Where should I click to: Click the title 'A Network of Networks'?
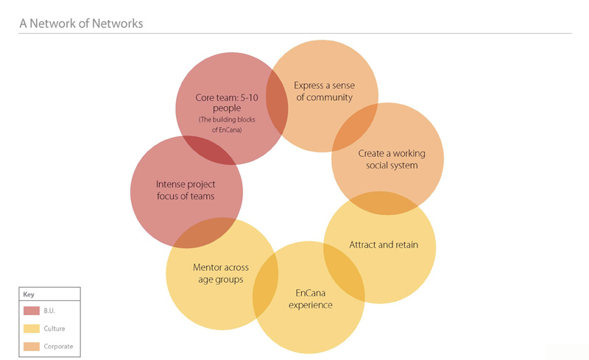coord(81,24)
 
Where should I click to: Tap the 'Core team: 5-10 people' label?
coord(227,102)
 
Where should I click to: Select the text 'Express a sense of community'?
coord(324,91)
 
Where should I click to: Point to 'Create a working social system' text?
coord(392,159)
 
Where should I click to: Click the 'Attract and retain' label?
coord(384,244)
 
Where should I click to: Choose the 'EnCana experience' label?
coord(310,299)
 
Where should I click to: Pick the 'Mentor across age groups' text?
coord(221,273)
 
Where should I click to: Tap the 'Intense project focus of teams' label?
coord(186,190)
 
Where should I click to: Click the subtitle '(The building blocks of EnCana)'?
coord(227,124)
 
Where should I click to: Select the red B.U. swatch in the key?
coord(32,311)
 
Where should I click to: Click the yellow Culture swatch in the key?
coord(32,328)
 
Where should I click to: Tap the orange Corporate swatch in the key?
coord(32,347)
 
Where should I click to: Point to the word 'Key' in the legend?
coord(29,294)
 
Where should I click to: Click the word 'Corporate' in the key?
coord(58,347)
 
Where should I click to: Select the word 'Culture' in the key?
coord(54,328)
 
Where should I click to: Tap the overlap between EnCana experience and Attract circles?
coord(344,272)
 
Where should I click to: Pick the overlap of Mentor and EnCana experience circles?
coord(266,286)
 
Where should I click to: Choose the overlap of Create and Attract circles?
coord(384,203)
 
